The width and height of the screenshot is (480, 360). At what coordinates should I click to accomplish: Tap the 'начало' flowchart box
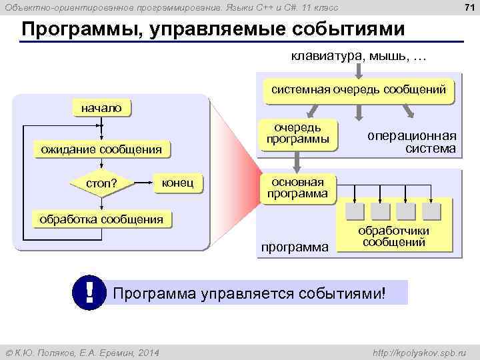(101, 107)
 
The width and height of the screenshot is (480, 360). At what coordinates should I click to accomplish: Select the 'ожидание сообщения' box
(101, 149)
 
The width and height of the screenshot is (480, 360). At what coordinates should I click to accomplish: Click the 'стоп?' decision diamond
(101, 183)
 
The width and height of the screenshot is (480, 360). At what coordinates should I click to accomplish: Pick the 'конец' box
(177, 182)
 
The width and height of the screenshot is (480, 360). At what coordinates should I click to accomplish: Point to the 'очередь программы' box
(297, 133)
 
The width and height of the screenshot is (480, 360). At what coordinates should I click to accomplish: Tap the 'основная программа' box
(297, 188)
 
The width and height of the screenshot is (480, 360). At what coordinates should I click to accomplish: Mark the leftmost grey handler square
(356, 211)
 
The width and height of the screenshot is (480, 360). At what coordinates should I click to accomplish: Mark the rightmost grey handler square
(431, 211)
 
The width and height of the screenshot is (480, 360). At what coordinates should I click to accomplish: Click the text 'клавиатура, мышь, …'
(357, 56)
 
